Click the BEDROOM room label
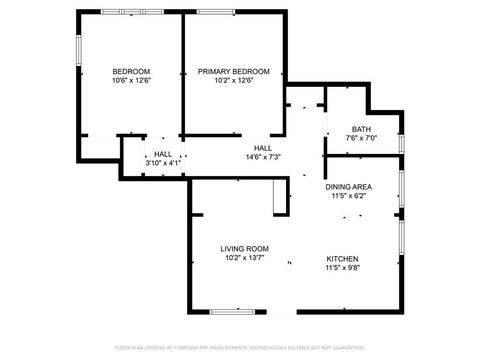pyautogui.click(x=131, y=71)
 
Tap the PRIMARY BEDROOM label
pyautogui.click(x=233, y=71)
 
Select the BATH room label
pyautogui.click(x=362, y=128)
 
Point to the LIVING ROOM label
pyautogui.click(x=245, y=248)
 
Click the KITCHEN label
pyautogui.click(x=342, y=258)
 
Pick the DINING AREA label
pyautogui.click(x=349, y=187)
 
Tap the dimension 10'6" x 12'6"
pyautogui.click(x=131, y=81)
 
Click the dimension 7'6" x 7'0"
pyautogui.click(x=362, y=138)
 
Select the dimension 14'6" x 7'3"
pyautogui.click(x=263, y=157)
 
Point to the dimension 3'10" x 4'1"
pyautogui.click(x=163, y=163)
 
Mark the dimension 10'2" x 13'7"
pyautogui.click(x=245, y=258)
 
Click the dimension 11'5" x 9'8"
pyautogui.click(x=342, y=268)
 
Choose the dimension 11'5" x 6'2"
pyautogui.click(x=349, y=197)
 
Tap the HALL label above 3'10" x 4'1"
pyautogui.click(x=163, y=153)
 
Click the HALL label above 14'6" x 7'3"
pyautogui.click(x=263, y=147)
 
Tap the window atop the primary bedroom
pyautogui.click(x=212, y=12)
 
